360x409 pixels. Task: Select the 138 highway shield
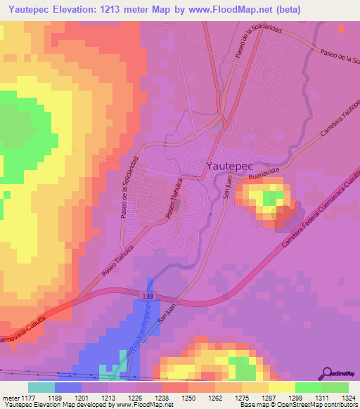145,299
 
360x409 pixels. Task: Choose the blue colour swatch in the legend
68,387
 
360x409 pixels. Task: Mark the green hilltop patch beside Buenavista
268,200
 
